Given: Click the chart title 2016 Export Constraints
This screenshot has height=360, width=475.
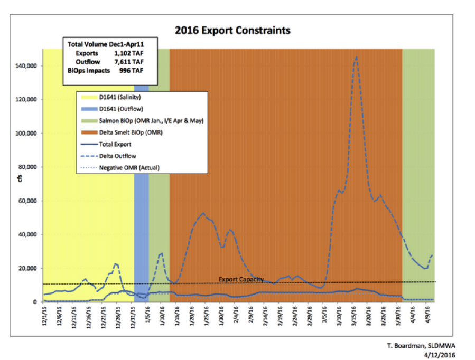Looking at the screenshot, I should (233, 30).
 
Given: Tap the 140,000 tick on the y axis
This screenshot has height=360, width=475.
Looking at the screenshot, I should (27, 65).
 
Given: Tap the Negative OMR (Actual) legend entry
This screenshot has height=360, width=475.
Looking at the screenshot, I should (128, 168).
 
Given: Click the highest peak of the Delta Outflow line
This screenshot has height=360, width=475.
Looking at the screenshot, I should (356, 57).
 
